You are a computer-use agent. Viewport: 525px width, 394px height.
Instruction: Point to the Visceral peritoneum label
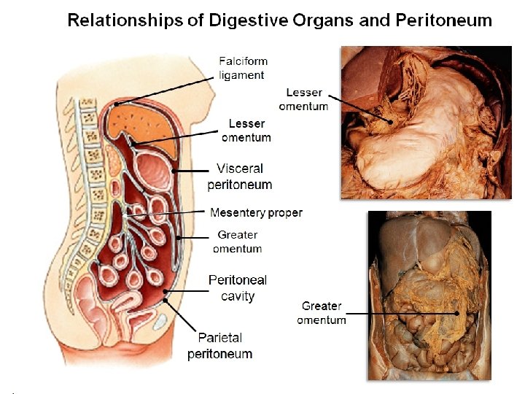239,177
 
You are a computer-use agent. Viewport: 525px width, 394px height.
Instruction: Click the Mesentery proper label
256,212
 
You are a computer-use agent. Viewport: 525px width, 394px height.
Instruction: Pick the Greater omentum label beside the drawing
237,242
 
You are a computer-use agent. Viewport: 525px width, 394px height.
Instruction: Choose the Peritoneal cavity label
237,287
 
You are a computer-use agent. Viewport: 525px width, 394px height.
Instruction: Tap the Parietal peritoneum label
219,346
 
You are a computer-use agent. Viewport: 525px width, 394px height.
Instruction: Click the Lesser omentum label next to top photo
303,99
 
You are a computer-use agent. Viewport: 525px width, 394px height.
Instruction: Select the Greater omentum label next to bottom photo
322,312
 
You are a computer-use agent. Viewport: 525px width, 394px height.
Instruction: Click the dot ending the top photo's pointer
391,121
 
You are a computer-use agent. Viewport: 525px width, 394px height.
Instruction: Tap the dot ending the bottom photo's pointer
457,313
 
